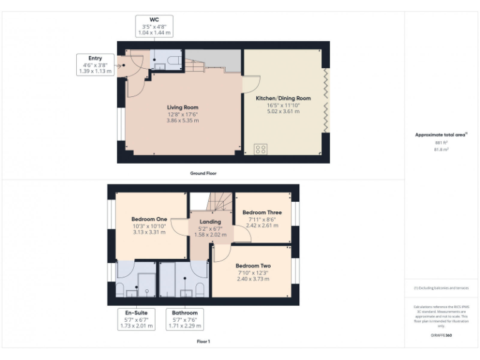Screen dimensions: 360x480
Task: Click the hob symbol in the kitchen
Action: click(261, 149)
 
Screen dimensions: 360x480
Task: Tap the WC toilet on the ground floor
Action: click(174, 61)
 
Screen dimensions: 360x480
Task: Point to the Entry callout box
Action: click(95, 64)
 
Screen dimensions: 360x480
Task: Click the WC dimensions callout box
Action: click(154, 26)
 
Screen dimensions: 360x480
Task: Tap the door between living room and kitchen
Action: click(251, 84)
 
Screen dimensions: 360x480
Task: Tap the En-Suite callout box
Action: click(136, 319)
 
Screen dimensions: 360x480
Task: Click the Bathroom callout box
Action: click(184, 319)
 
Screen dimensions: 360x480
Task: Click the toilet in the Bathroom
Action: click(200, 289)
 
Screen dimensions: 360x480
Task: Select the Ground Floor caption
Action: click(203, 173)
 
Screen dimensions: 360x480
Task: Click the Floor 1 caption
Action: click(203, 342)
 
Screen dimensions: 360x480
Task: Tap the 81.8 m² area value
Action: click(441, 149)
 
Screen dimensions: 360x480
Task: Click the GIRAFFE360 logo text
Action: click(441, 336)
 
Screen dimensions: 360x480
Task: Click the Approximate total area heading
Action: click(441, 134)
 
